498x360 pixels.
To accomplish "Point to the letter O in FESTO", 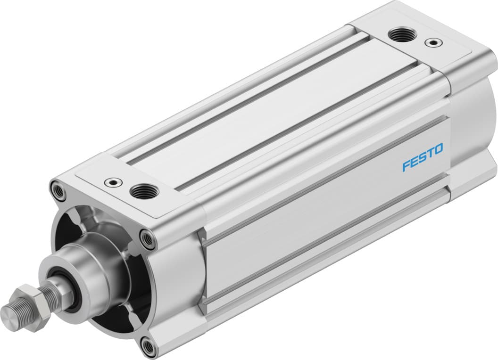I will tap(438, 150).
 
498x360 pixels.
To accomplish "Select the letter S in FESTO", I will tap(422, 158).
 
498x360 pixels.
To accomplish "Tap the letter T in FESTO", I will tap(430, 155).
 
